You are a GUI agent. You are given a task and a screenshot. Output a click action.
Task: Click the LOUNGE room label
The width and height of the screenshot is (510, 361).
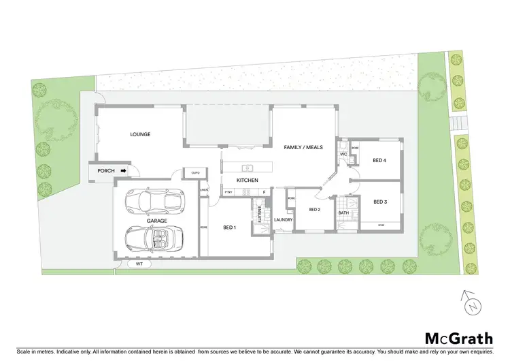140,134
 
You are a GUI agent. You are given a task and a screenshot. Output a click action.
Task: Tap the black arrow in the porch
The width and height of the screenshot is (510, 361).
123,171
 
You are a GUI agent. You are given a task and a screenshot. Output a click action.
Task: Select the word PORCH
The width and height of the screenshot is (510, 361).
106,171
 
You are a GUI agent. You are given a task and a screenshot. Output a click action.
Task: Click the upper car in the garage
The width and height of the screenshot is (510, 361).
154,201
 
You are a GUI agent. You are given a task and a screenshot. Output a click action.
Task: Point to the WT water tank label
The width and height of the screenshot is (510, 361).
139,263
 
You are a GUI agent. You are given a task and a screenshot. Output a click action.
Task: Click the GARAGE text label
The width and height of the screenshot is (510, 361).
157,221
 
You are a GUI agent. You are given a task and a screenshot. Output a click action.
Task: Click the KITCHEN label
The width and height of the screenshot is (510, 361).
246,180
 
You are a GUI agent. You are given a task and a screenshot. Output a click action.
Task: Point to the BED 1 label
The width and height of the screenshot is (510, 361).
230,227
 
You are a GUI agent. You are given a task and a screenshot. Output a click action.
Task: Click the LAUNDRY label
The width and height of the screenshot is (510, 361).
283,219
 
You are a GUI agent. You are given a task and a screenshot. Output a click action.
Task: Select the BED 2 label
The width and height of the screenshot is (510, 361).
314,209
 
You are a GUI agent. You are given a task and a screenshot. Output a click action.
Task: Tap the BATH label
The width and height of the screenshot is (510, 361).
343,213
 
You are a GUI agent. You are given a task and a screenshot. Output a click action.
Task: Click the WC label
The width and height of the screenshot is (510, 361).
343,154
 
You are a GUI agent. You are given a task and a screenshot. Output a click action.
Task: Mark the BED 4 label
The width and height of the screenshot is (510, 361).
379,160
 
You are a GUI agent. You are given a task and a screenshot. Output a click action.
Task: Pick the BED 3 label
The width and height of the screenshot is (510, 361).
379,202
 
